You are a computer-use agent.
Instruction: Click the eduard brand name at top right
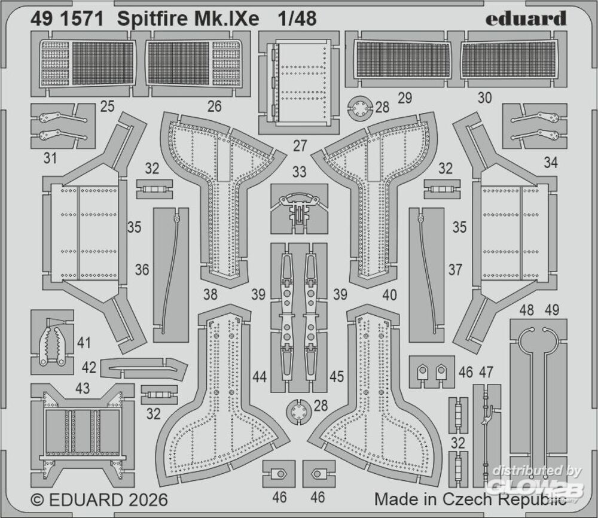pyautogui.click(x=526, y=19)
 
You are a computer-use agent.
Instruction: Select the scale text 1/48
pyautogui.click(x=297, y=20)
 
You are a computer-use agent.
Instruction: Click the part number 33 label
pyautogui.click(x=299, y=172)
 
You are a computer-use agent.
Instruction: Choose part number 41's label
pyautogui.click(x=84, y=343)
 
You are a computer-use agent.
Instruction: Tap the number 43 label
pyautogui.click(x=83, y=389)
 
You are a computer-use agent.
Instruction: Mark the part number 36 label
pyautogui.click(x=142, y=270)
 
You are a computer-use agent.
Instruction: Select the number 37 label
pyautogui.click(x=455, y=270)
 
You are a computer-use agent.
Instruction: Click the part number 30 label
pyautogui.click(x=485, y=98)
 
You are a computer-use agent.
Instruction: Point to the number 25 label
pyautogui.click(x=108, y=107)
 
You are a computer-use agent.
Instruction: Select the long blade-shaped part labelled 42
pyautogui.click(x=143, y=368)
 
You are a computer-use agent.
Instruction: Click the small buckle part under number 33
pyautogui.click(x=299, y=209)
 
